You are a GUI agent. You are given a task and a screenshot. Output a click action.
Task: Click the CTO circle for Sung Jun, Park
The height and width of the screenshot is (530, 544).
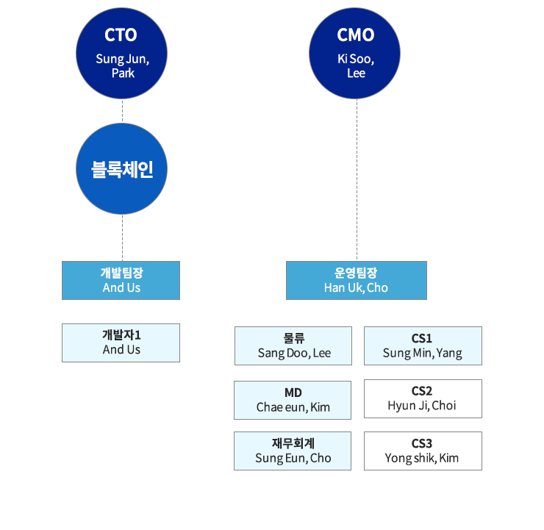click(x=121, y=54)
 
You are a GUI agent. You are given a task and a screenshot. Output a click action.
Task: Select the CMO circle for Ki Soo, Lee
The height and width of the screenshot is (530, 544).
click(x=354, y=54)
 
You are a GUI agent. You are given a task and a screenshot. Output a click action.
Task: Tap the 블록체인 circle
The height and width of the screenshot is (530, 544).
click(x=121, y=168)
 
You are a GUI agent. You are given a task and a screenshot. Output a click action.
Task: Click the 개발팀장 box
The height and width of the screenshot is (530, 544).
click(x=121, y=280)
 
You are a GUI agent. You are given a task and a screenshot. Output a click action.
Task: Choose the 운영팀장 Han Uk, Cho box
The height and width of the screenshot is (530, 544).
click(x=357, y=280)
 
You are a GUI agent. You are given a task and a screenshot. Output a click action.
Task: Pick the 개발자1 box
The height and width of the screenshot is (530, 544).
click(x=121, y=343)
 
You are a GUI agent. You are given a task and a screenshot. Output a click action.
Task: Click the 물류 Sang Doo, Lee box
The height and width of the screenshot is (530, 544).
click(x=293, y=345)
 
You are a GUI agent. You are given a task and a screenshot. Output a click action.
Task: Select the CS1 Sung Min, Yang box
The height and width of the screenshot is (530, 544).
click(x=423, y=345)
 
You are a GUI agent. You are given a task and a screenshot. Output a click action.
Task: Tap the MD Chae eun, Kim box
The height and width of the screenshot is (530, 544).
click(x=293, y=401)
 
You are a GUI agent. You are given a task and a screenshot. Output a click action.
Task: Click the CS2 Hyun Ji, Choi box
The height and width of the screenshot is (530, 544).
click(x=423, y=398)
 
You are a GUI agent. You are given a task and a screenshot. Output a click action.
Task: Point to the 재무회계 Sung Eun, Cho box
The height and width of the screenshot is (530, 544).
click(x=293, y=451)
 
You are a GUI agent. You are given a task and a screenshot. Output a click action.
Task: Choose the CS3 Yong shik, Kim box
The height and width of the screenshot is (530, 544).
click(x=423, y=451)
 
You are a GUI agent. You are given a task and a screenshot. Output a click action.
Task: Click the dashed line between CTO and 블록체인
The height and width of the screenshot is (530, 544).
click(x=122, y=111)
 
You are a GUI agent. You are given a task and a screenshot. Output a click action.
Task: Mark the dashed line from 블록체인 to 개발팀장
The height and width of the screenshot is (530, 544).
click(x=122, y=237)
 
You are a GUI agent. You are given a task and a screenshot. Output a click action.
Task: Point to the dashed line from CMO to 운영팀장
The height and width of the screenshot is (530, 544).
click(x=357, y=180)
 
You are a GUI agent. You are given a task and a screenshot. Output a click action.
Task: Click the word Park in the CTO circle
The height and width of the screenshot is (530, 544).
click(x=123, y=74)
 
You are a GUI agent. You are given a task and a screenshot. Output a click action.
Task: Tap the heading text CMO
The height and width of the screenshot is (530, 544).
click(x=356, y=35)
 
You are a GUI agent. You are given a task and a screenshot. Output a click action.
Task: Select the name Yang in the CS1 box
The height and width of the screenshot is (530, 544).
click(x=449, y=354)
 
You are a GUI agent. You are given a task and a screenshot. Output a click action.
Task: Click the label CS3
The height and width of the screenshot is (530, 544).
click(x=422, y=443)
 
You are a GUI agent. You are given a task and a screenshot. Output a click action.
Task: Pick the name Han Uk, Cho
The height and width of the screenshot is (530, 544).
click(x=356, y=287)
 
